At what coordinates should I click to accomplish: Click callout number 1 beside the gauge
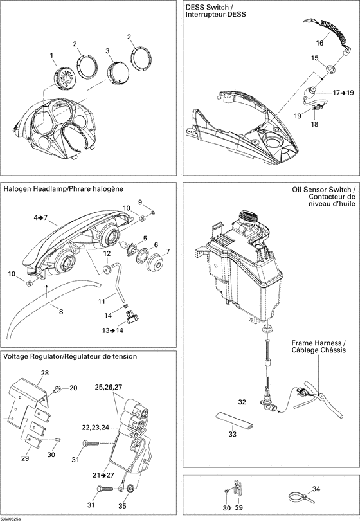tap(52, 56)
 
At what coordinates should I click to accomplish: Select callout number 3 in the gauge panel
tap(108, 50)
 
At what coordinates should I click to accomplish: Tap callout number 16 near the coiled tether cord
tap(319, 43)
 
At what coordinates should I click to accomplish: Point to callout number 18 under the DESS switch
tap(314, 124)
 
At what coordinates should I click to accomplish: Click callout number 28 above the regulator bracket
tap(45, 373)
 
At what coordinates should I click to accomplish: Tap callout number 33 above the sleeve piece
tap(233, 434)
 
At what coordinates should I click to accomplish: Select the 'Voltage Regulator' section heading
tap(39, 356)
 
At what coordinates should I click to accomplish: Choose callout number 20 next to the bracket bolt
tap(73, 388)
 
